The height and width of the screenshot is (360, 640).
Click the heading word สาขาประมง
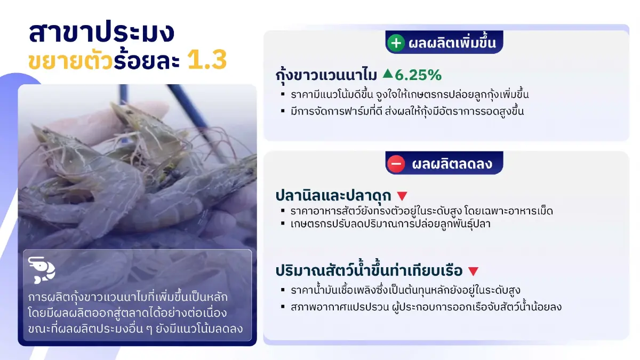point(101,33)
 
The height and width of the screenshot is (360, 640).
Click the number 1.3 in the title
point(207,61)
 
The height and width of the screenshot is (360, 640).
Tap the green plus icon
point(396,43)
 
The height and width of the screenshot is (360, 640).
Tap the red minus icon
point(396,164)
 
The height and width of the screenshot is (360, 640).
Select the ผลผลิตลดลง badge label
point(452,164)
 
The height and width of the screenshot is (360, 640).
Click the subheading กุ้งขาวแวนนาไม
point(326,76)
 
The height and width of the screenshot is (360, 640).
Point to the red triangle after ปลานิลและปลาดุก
point(402,196)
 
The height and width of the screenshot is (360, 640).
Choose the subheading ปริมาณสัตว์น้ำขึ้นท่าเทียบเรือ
point(369,270)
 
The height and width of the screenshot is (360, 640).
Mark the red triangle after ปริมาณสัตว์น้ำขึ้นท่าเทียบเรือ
point(473,271)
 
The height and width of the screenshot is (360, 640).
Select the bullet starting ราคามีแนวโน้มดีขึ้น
point(410,95)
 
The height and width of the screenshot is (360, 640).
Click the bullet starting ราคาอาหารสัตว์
point(421,211)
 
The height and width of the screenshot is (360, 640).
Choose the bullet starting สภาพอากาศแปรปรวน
point(426,307)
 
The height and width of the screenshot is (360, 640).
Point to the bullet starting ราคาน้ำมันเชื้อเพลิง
point(405,290)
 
